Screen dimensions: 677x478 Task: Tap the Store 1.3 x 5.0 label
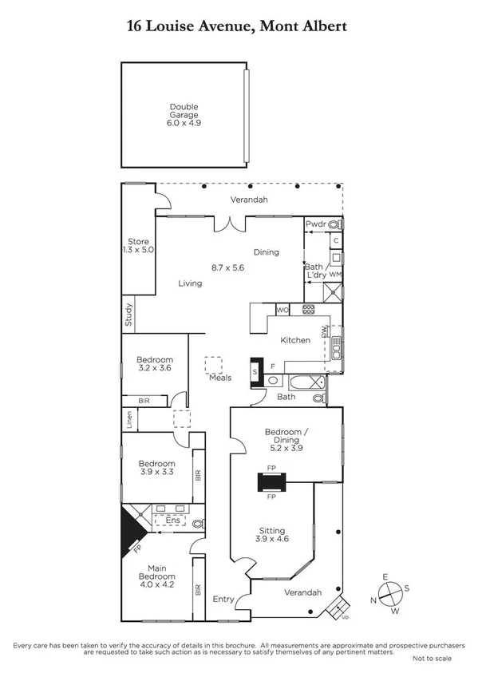[x=140, y=245]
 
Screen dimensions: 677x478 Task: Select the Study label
[x=128, y=314]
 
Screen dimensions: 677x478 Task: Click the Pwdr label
[x=316, y=224]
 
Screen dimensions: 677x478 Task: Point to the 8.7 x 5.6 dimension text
[x=226, y=267]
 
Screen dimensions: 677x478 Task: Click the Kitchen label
[x=294, y=340]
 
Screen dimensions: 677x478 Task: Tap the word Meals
[x=220, y=378]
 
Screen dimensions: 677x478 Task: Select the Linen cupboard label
[x=128, y=418]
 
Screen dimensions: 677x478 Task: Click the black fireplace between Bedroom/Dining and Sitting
[x=271, y=484]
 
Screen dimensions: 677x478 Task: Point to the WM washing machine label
[x=335, y=274]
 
